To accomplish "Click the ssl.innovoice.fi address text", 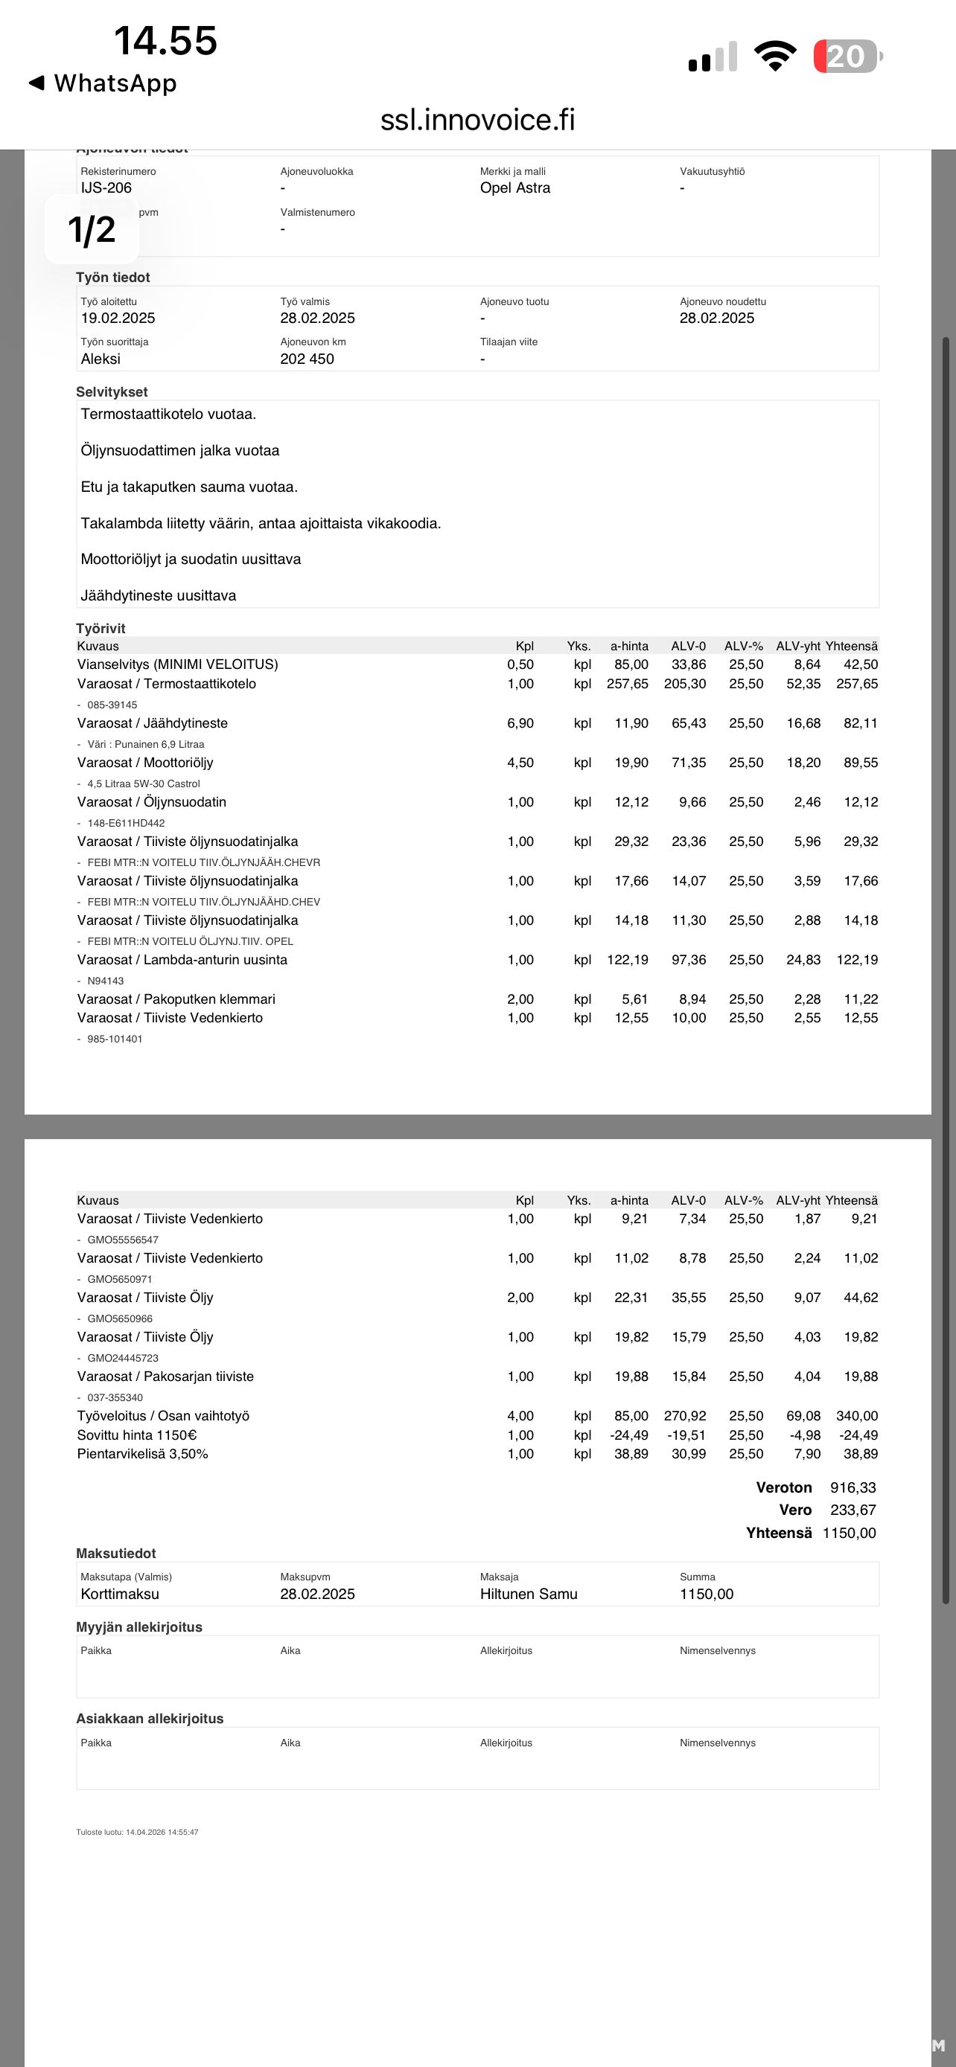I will tap(477, 120).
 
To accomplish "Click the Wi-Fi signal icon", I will tap(774, 56).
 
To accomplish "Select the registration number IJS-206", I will tap(106, 188).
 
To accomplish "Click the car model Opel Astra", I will tap(514, 188).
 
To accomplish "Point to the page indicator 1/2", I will tap(92, 231).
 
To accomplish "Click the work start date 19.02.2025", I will tap(118, 318).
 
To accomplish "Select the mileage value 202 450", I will tap(307, 359).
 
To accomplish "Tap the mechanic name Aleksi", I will tap(101, 359).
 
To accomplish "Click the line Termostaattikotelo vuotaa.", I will tap(168, 414).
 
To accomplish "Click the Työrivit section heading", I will tap(101, 628).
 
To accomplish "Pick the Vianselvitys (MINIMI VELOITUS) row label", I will tap(177, 664).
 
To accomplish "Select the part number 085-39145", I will tap(112, 705).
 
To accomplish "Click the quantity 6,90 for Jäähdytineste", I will tap(520, 723).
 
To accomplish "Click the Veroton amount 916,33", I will tap(853, 1487).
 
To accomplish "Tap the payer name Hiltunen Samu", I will tap(528, 1594).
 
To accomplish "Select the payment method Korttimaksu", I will tap(120, 1594).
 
